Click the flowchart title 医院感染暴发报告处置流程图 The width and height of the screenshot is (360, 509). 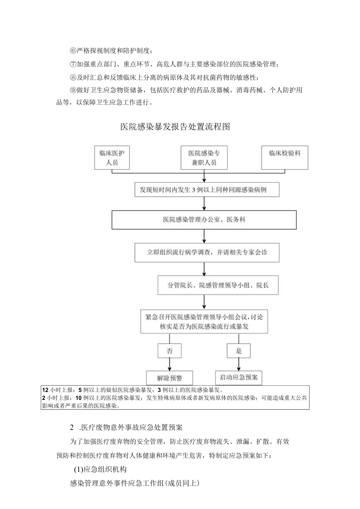[x=175, y=127]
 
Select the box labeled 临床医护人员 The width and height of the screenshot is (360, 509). [x=112, y=158]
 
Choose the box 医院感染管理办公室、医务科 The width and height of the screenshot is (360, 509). [x=204, y=220]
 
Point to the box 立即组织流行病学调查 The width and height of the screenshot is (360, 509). [x=207, y=252]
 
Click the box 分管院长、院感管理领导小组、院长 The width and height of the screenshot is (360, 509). [x=218, y=286]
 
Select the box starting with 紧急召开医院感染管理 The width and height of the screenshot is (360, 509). [x=204, y=321]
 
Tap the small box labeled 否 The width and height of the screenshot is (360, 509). [x=169, y=351]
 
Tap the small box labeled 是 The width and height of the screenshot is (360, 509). [x=238, y=351]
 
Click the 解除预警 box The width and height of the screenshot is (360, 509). [x=169, y=378]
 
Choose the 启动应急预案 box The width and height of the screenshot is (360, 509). [x=238, y=378]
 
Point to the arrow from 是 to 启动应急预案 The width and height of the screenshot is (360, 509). [x=238, y=364]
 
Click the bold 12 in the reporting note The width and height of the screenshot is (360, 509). [x=45, y=390]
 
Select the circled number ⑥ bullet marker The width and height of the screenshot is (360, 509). [x=73, y=51]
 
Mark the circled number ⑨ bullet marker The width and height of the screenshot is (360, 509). [x=73, y=90]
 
